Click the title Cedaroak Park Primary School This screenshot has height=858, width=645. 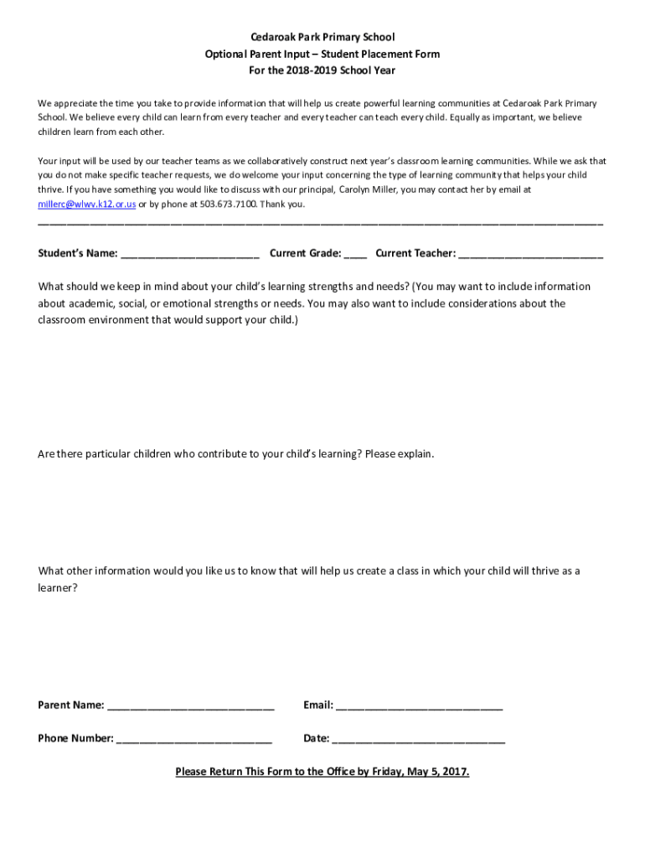pos(322,38)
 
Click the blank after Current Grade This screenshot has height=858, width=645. pos(355,254)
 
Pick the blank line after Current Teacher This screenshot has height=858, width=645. pos(531,254)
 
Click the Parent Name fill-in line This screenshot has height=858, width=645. pos(191,706)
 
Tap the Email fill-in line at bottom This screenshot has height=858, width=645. pos(419,706)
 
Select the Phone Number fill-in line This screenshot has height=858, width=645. pos(194,739)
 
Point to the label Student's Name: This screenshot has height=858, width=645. pos(78,253)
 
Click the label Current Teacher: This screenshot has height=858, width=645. pos(415,253)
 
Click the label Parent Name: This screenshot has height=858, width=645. pos(71,706)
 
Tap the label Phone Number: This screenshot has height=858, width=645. pos(75,739)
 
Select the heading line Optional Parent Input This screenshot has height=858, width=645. pos(322,54)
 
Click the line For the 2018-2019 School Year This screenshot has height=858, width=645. pos(322,70)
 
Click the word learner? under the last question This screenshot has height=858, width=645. pos(58,588)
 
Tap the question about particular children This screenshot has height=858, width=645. pos(236,454)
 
